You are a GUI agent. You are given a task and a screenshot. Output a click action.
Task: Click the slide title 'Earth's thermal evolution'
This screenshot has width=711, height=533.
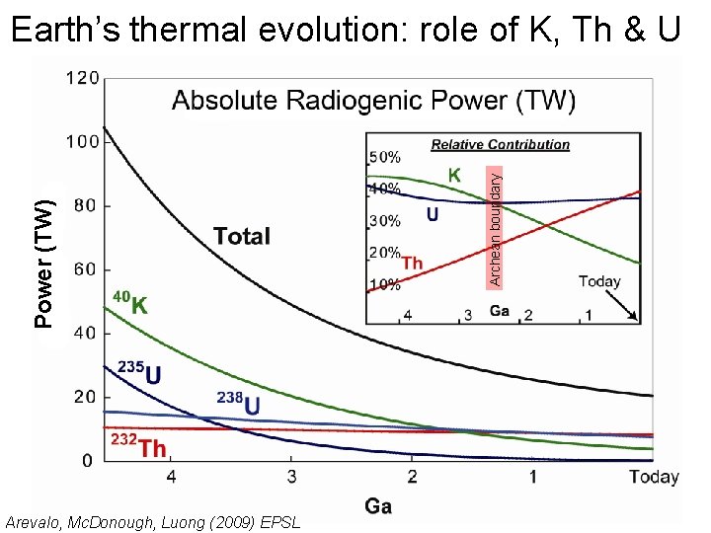click(x=345, y=29)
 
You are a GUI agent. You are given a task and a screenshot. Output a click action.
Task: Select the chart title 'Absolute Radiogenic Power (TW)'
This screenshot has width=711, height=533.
click(x=373, y=100)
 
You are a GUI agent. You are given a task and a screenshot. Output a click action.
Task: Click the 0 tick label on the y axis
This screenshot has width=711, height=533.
click(x=88, y=460)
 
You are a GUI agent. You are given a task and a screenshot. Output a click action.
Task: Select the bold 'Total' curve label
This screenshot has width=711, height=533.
click(x=241, y=236)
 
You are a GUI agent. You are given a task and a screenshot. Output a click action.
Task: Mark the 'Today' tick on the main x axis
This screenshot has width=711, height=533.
click(x=653, y=478)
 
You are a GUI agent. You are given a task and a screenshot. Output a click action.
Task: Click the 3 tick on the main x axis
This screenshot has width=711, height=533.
click(x=291, y=478)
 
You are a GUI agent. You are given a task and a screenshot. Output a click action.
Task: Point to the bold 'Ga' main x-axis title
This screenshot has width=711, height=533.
click(x=378, y=506)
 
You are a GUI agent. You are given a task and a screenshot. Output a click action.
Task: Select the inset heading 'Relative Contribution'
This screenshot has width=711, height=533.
click(x=501, y=144)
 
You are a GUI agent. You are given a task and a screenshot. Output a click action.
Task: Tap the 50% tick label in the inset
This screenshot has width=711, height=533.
click(x=384, y=156)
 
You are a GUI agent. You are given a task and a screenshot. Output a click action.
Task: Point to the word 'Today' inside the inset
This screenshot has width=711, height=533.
click(x=598, y=281)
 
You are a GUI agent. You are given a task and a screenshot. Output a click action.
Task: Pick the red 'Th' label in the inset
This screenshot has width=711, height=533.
click(x=413, y=263)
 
